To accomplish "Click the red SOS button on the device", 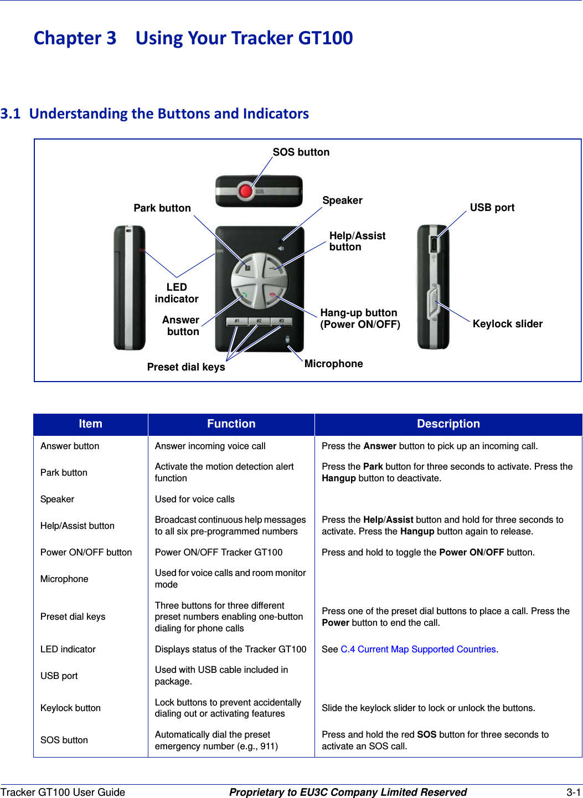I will (246, 192).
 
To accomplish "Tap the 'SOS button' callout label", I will (301, 152).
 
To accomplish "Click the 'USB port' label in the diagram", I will (492, 208).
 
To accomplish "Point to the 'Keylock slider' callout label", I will (507, 324).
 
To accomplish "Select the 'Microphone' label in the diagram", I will (333, 364).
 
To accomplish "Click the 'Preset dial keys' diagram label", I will (186, 367).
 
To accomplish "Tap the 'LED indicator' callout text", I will (177, 293).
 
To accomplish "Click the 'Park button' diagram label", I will (162, 208).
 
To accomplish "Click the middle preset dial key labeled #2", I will (259, 322).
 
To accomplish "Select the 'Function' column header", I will (231, 424).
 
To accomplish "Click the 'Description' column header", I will (448, 424).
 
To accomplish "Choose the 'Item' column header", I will (90, 424).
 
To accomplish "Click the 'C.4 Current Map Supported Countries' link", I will (418, 649).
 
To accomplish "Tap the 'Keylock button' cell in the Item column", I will (70, 708).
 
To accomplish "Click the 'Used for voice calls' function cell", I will (194, 499).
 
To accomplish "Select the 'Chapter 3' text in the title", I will (75, 38).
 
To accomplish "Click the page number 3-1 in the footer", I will (573, 792).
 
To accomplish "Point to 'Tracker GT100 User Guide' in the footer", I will (63, 792).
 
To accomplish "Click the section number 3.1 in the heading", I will (11, 114).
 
